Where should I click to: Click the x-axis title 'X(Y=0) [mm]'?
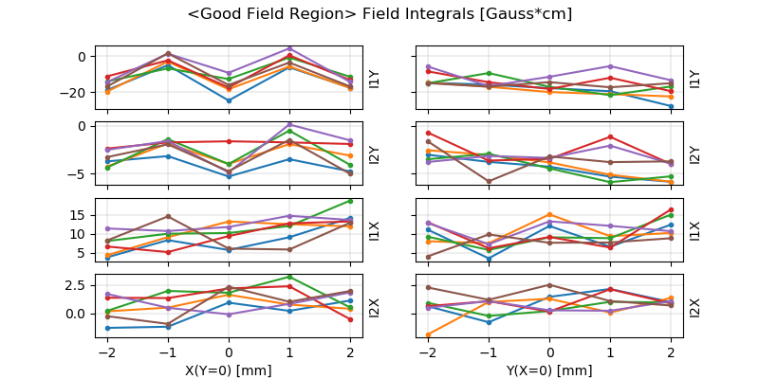click(229, 370)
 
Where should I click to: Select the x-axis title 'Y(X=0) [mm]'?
click(550, 370)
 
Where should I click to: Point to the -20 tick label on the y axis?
click(73, 93)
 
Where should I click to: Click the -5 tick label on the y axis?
click(79, 174)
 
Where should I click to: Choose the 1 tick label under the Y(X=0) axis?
click(610, 352)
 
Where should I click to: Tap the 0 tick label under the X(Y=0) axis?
click(229, 352)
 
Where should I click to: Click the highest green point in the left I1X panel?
click(350, 201)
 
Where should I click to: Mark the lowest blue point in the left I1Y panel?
click(229, 100)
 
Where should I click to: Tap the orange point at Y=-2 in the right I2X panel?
click(429, 334)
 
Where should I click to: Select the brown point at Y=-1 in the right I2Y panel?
click(490, 181)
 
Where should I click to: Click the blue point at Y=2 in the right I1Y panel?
click(671, 107)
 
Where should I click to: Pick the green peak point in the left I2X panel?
click(289, 277)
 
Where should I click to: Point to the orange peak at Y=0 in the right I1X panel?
click(550, 214)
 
